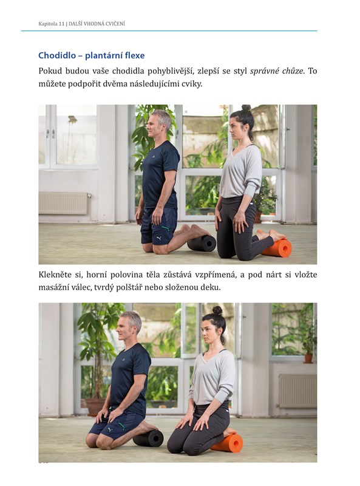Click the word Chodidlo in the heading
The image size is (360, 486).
pos(57,55)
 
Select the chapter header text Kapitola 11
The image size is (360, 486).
pos(52,24)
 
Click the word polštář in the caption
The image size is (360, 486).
pos(129,287)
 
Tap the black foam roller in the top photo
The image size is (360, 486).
pos(202,243)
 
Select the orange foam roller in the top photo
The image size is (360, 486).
pos(277,248)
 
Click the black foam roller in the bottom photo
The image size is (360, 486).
pos(148,437)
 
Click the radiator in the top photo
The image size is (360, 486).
pos(64,203)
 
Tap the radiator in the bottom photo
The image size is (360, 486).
pos(297,391)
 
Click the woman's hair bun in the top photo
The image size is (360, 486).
pos(246,108)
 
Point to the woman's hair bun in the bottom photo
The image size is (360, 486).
pos(217,310)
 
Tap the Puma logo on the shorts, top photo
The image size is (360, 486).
pos(159,238)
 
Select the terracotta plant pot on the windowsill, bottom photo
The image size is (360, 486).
pos(308,358)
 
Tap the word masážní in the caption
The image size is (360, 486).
pos(51,287)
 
